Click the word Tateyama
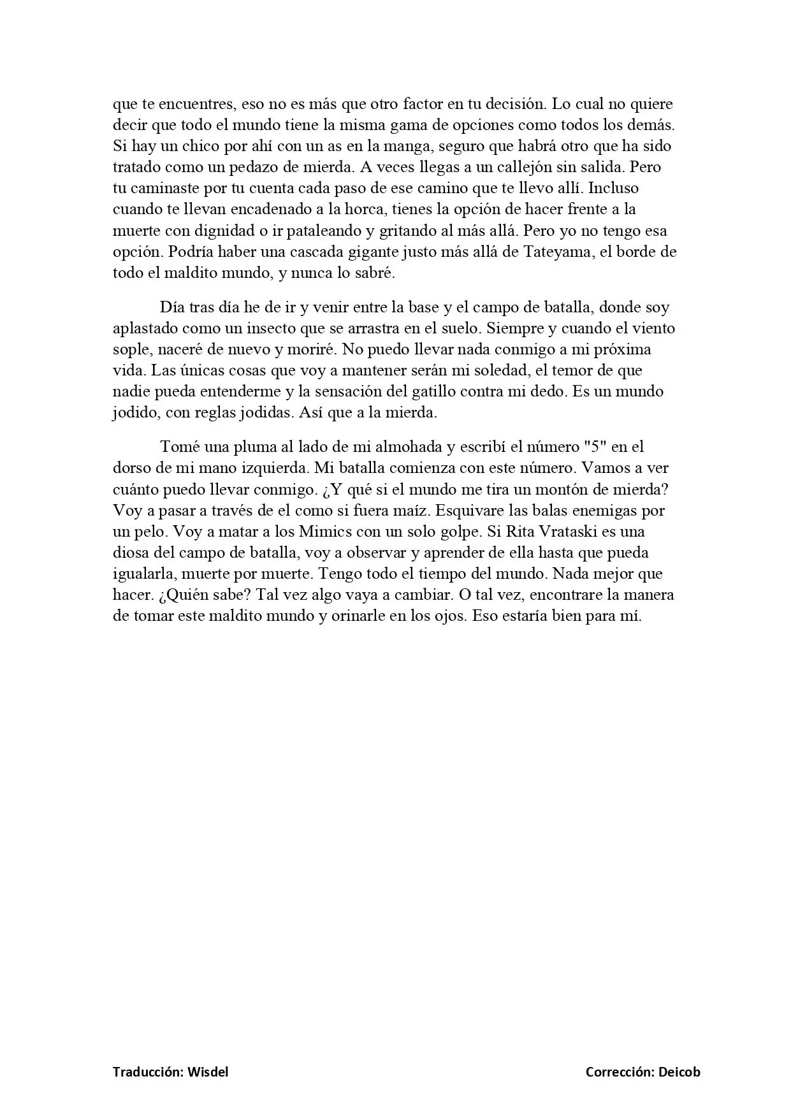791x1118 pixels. [558, 252]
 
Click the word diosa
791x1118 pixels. [132, 553]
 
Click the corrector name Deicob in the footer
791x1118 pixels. [680, 1072]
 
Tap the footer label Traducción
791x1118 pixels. [148, 1072]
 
